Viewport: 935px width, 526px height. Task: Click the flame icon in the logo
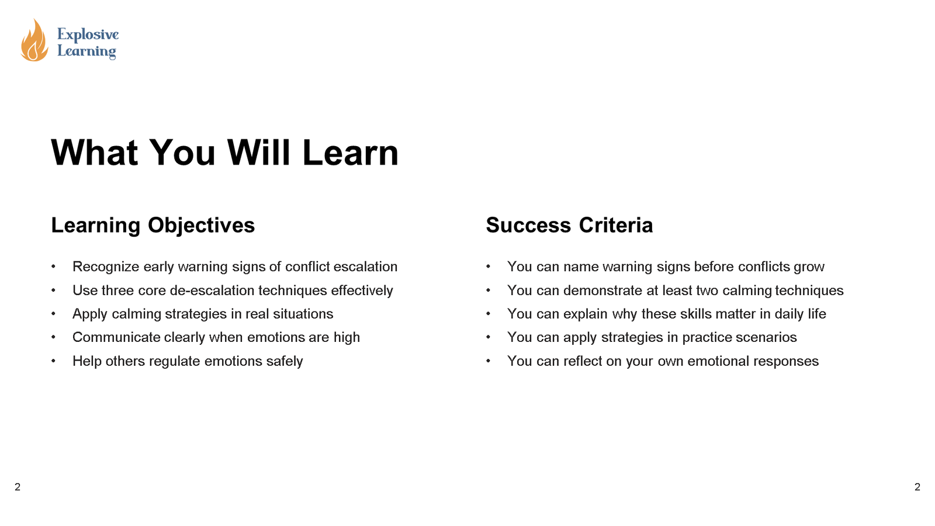(34, 41)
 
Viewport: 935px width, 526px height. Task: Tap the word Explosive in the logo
(88, 34)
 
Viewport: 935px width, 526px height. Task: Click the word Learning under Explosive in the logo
(86, 51)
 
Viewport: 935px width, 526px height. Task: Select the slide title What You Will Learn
(224, 153)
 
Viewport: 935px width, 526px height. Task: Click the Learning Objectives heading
(153, 225)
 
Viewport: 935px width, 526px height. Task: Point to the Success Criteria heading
(569, 225)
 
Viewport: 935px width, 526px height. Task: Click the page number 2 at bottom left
(18, 487)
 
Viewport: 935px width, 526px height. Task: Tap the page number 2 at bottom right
(917, 487)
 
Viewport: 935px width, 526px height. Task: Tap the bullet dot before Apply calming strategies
(54, 314)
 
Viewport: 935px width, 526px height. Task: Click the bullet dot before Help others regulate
(54, 361)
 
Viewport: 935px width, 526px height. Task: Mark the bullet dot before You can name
(489, 267)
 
